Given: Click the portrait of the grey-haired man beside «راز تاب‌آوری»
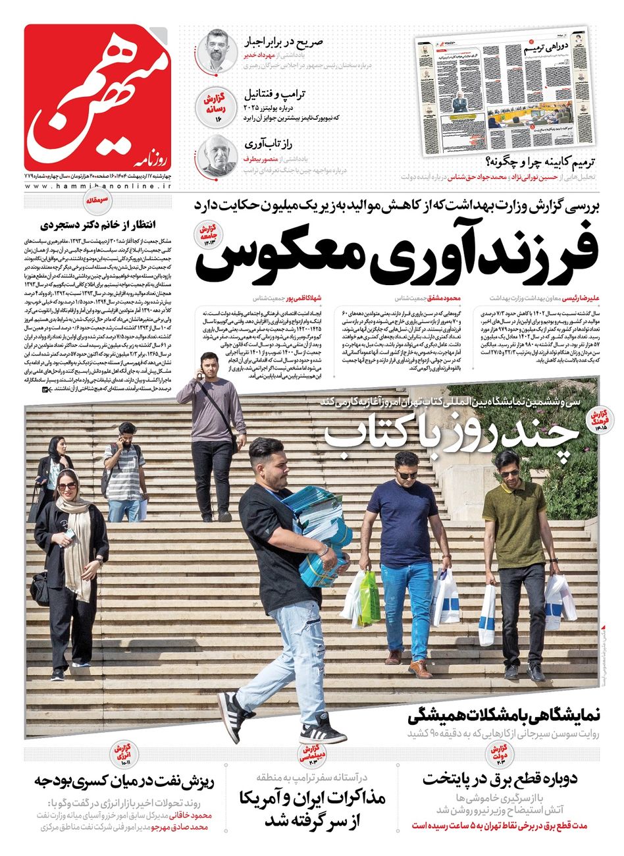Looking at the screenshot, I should (x=217, y=155).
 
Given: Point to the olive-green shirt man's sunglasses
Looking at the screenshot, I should (x=509, y=473).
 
